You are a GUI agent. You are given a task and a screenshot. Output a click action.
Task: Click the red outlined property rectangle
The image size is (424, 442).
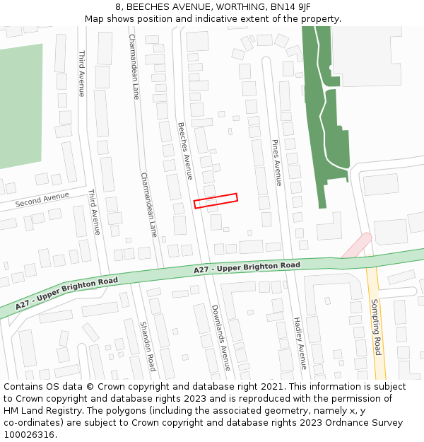tap(216, 201)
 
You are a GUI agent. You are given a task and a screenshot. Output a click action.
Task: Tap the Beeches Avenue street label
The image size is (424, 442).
tap(185, 151)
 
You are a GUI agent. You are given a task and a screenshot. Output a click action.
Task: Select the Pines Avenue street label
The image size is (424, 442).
tap(277, 163)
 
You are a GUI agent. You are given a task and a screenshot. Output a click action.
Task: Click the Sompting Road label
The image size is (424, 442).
tap(377, 327)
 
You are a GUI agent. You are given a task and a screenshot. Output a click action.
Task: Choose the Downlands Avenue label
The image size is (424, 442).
tap(221, 337)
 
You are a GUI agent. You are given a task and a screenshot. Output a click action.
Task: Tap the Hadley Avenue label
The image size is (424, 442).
tap(300, 343)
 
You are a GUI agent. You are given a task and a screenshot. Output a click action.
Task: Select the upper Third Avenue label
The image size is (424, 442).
tap(82, 74)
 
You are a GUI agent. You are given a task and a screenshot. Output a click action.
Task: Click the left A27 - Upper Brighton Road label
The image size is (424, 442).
tap(68, 291)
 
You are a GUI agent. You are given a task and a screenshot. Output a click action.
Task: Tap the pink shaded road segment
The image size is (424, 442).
tap(356, 245)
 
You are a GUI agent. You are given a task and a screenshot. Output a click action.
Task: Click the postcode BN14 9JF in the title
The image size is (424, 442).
tap(288, 7)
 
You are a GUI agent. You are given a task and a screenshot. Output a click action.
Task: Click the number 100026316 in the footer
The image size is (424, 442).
tap(28, 434)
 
